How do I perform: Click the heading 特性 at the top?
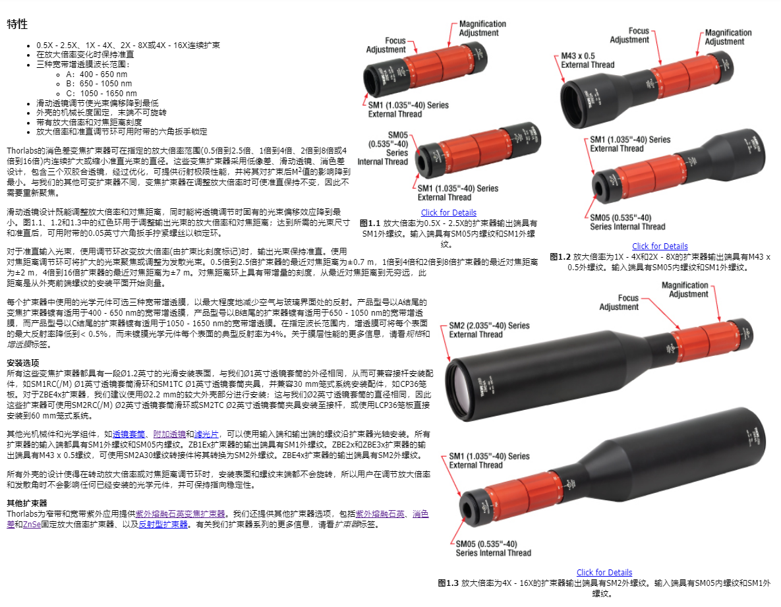pos(17,24)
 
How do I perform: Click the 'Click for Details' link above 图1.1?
pos(448,213)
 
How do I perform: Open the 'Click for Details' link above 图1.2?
pos(660,246)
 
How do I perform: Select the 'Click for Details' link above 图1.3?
pos(604,573)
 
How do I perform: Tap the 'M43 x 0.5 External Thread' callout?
pos(588,60)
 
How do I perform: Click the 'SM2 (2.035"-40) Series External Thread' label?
pos(489,330)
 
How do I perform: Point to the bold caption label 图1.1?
pos(370,223)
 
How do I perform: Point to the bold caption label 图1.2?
pos(560,257)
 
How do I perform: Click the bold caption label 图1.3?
pos(448,583)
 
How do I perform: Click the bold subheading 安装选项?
pos(22,363)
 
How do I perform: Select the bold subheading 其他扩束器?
pos(26,503)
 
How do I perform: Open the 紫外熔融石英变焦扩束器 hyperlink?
pos(181,514)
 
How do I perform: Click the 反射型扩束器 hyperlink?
pos(163,525)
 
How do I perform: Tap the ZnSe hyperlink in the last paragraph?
pos(32,525)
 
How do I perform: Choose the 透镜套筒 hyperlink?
pos(129,434)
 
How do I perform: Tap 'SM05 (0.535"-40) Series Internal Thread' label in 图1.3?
pos(493,548)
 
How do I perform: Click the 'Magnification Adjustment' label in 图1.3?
pos(685,289)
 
